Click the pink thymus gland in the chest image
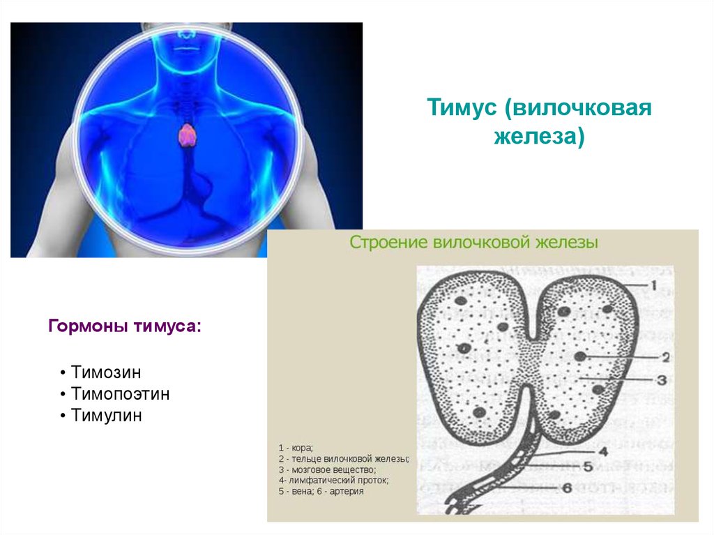(187, 135)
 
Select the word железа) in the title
(539, 136)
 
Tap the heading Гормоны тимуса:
(124, 326)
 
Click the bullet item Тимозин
(106, 372)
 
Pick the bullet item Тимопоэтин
(120, 393)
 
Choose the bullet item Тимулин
(106, 416)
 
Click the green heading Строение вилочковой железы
(473, 242)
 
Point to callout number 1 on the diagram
(653, 286)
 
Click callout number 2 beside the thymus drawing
(665, 357)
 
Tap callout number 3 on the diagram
(662, 379)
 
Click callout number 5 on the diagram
(588, 466)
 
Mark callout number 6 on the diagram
(567, 488)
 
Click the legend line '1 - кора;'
(296, 448)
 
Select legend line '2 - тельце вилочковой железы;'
(344, 459)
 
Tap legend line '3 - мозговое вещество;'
(328, 470)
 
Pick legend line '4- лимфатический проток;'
(334, 481)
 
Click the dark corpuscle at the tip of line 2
(579, 356)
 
